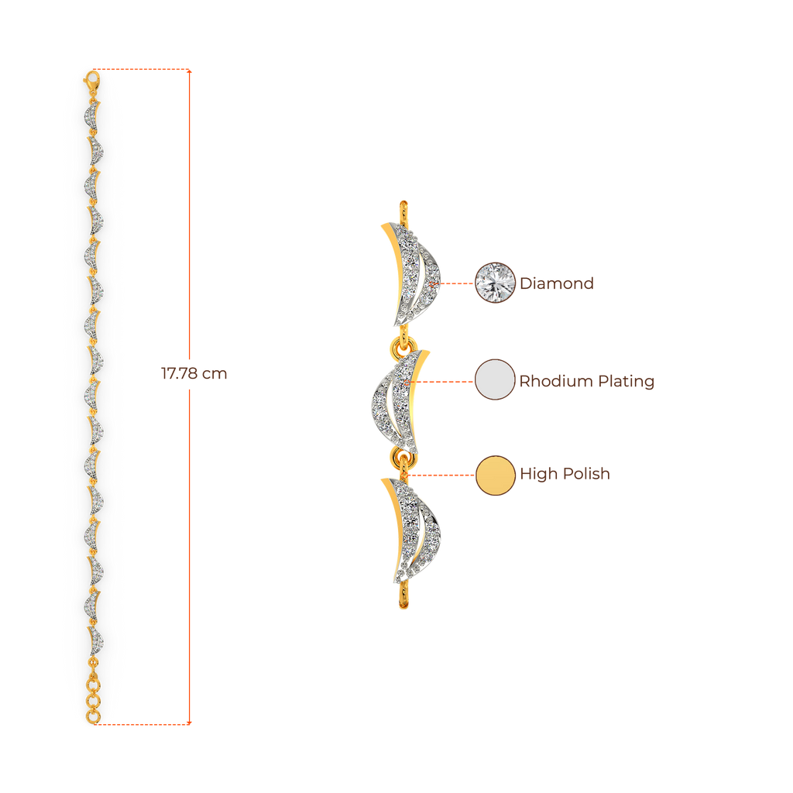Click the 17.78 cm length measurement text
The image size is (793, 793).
[x=194, y=373]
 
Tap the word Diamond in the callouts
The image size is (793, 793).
[x=556, y=283]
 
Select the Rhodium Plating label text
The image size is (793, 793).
[x=586, y=381]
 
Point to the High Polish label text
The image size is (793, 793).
[x=565, y=474]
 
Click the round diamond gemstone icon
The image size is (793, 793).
[x=495, y=283]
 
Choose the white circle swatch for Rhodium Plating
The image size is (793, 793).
[x=495, y=379]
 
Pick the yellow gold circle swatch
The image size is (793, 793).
[x=495, y=475]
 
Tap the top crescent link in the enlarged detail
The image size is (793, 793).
[x=410, y=273]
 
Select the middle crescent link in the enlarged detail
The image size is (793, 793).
[x=399, y=399]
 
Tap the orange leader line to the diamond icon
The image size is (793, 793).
[x=457, y=283]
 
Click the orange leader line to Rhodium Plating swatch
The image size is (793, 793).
[x=445, y=381]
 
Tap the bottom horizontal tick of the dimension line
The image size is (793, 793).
[x=147, y=724]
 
